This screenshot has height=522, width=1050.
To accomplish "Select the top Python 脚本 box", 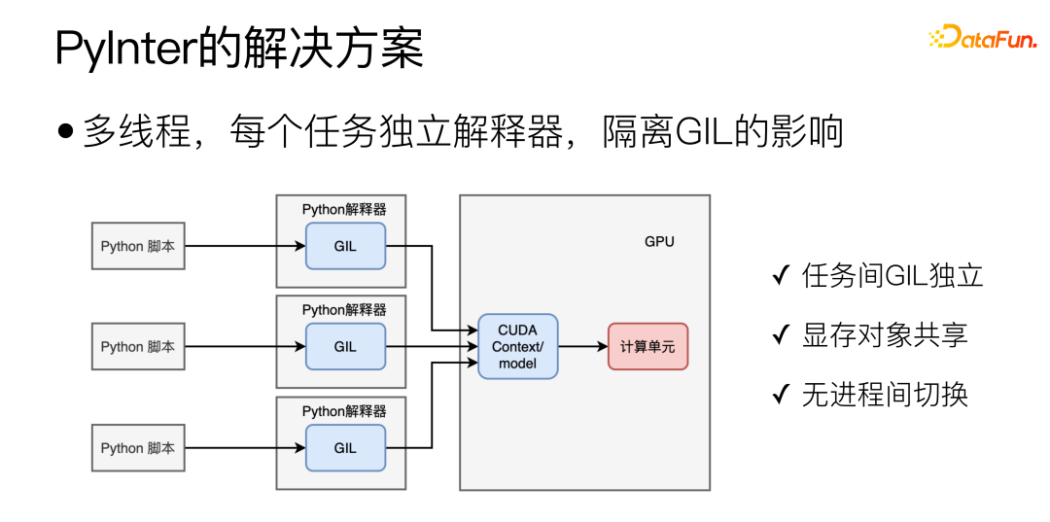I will pyautogui.click(x=138, y=246).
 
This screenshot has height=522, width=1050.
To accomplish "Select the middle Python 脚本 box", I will pyautogui.click(x=138, y=347).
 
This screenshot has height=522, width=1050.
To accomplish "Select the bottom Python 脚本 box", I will pyautogui.click(x=138, y=448).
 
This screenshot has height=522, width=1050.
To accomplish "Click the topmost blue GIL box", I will pyautogui.click(x=345, y=246).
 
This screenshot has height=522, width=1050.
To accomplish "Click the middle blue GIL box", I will pyautogui.click(x=345, y=347).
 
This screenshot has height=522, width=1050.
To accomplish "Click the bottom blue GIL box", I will pyautogui.click(x=345, y=448).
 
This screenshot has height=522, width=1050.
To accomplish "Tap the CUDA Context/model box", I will pyautogui.click(x=517, y=347).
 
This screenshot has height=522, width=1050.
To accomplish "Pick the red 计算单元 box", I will pyautogui.click(x=647, y=347).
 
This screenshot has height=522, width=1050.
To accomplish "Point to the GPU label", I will pyautogui.click(x=659, y=241).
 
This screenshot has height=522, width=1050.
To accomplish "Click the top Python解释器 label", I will pyautogui.click(x=343, y=209).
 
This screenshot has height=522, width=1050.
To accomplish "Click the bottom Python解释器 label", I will pyautogui.click(x=343, y=411).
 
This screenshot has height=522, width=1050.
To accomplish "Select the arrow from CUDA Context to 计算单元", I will pyautogui.click(x=582, y=347).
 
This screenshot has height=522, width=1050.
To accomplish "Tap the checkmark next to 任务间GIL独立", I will pyautogui.click(x=780, y=276).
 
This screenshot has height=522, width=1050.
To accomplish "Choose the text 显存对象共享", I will pyautogui.click(x=885, y=335).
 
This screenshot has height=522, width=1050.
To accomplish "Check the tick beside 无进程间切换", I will pyautogui.click(x=780, y=395).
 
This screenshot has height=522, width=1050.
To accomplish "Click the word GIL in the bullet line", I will pyautogui.click(x=705, y=132).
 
